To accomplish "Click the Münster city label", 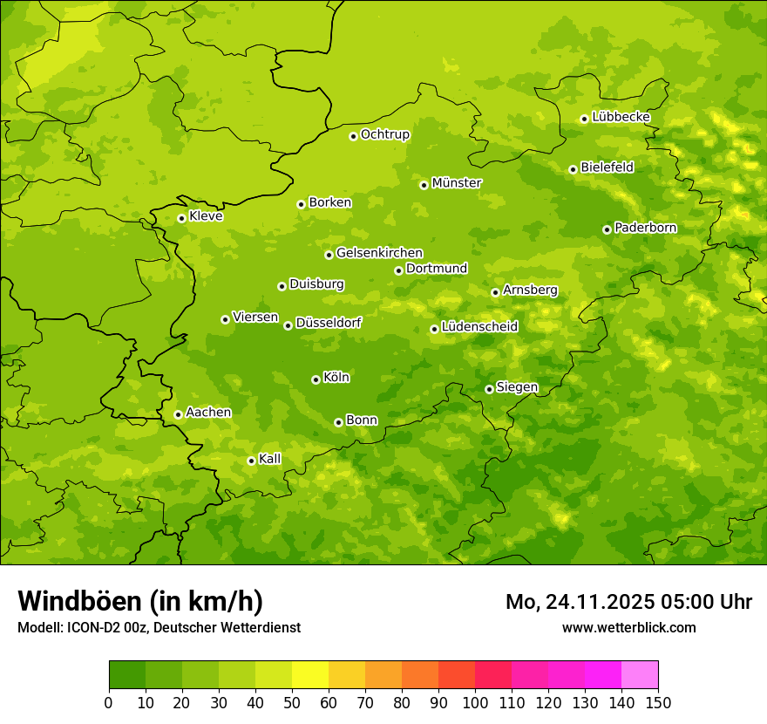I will tap(457, 183).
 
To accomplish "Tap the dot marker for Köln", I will tap(316, 379).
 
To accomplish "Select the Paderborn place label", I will tap(646, 228).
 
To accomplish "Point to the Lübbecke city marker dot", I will tap(584, 119).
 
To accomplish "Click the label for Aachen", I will tap(208, 413).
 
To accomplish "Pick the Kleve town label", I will tap(206, 216).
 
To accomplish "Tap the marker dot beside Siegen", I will tap(489, 389).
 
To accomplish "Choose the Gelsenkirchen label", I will tap(379, 253).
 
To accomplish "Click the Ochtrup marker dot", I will tap(353, 136).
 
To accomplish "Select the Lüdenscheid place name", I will tap(479, 327).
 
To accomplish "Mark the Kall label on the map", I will tap(270, 459).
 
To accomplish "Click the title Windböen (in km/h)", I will tap(140, 601).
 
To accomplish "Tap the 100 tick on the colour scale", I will tap(475, 702).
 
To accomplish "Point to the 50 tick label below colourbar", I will tap(292, 702).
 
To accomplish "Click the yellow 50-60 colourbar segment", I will tap(310, 675).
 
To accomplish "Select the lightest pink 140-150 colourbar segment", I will tap(640, 675).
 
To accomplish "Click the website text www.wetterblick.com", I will tap(628, 628).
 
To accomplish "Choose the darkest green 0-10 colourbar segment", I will tap(127, 675).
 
